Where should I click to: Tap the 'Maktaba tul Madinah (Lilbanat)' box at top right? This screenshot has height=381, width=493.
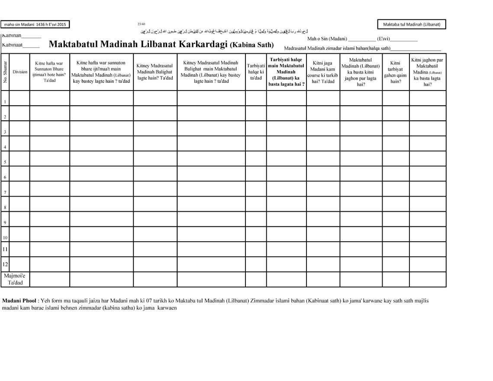411,24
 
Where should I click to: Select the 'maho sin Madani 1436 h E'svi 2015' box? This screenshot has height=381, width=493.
35,25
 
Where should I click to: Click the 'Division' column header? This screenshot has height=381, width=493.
20,72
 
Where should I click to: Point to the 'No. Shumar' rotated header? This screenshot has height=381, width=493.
5,72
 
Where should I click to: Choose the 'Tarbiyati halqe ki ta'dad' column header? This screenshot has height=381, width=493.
256,72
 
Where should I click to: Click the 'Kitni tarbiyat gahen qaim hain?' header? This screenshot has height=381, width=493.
396,72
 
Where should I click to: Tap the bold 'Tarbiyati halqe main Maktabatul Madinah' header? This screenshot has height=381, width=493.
286,72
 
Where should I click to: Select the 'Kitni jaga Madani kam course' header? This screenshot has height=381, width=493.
323,72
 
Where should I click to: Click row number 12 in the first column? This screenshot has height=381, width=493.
5,264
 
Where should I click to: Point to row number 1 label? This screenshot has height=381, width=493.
5,102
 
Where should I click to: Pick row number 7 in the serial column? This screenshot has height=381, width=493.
5,192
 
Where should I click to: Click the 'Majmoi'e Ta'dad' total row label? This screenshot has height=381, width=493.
15,279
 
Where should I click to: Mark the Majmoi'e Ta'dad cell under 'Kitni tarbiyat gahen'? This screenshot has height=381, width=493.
396,279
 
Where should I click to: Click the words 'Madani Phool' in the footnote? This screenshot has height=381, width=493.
19,300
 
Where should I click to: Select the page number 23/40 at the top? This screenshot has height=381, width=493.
142,23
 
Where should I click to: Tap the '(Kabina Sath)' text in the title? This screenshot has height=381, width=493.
252,45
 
